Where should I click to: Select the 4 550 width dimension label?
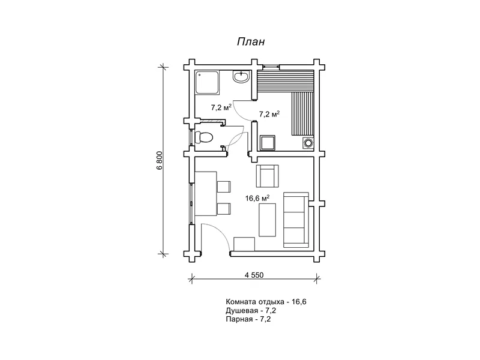[254, 275]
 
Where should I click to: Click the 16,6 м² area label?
[257, 197]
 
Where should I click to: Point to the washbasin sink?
[242, 77]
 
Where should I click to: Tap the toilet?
[204, 137]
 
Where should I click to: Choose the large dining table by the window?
[205, 194]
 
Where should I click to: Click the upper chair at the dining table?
[224, 186]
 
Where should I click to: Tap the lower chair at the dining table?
[224, 209]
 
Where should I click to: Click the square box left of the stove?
[267, 142]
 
